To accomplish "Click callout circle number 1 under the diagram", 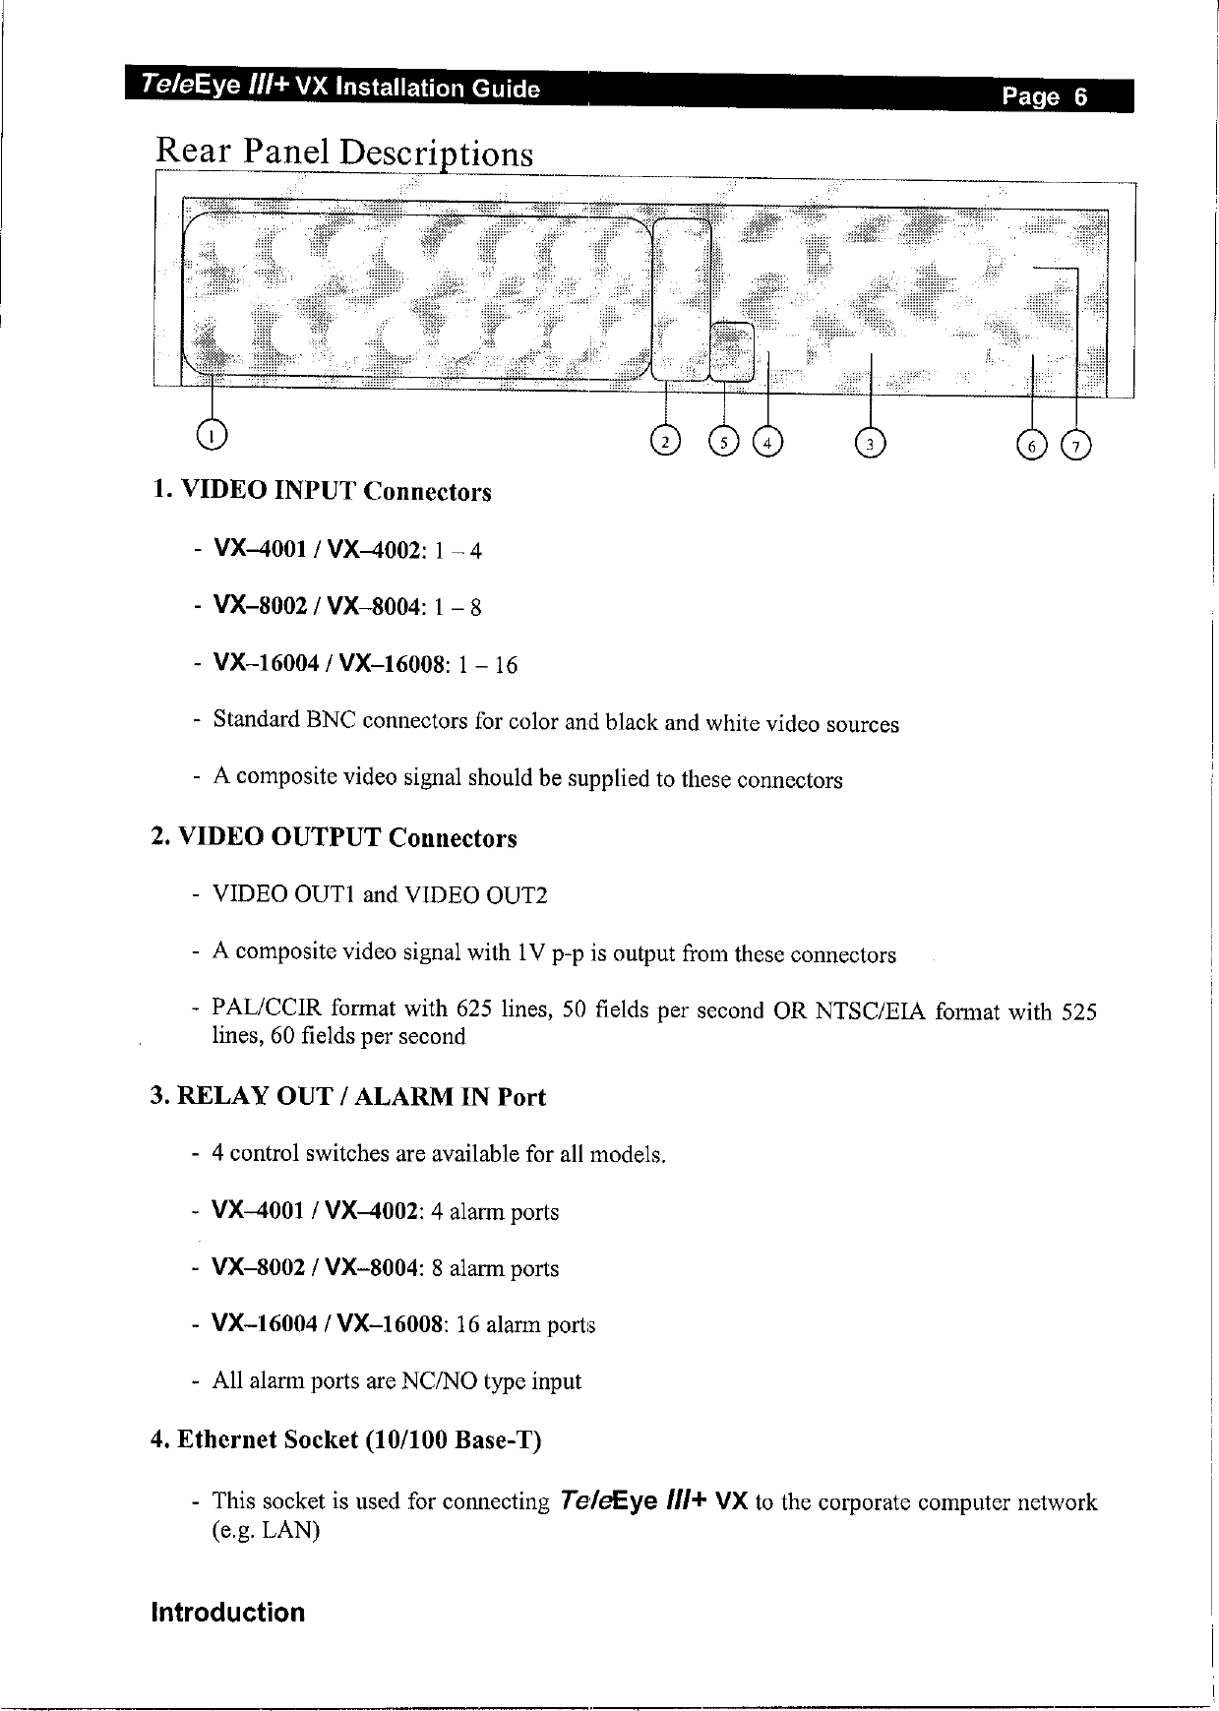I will [x=212, y=433].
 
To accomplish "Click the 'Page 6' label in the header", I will [x=1045, y=96].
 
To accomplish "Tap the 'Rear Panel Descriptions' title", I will [x=345, y=153].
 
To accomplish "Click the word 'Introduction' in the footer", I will [x=227, y=1613].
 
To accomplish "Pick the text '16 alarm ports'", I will [x=526, y=1324].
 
